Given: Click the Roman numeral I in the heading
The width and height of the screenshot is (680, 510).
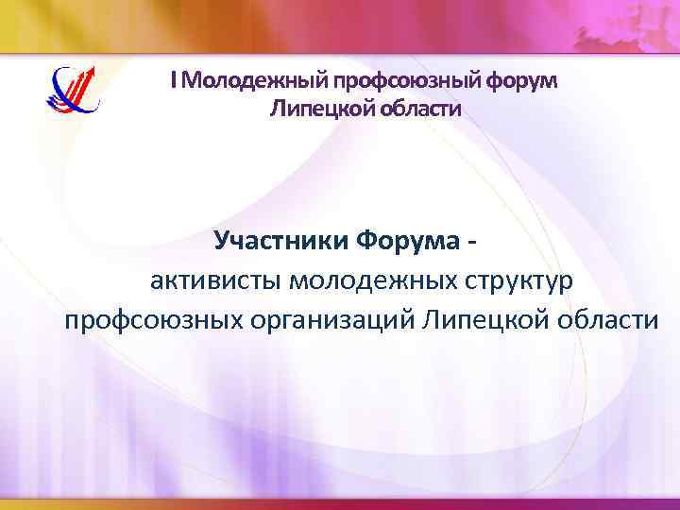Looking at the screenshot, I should coord(174,81).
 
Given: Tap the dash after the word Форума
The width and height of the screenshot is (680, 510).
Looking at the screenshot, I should coord(471,243).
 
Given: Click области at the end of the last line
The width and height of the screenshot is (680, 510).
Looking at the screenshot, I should coord(604,320).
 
